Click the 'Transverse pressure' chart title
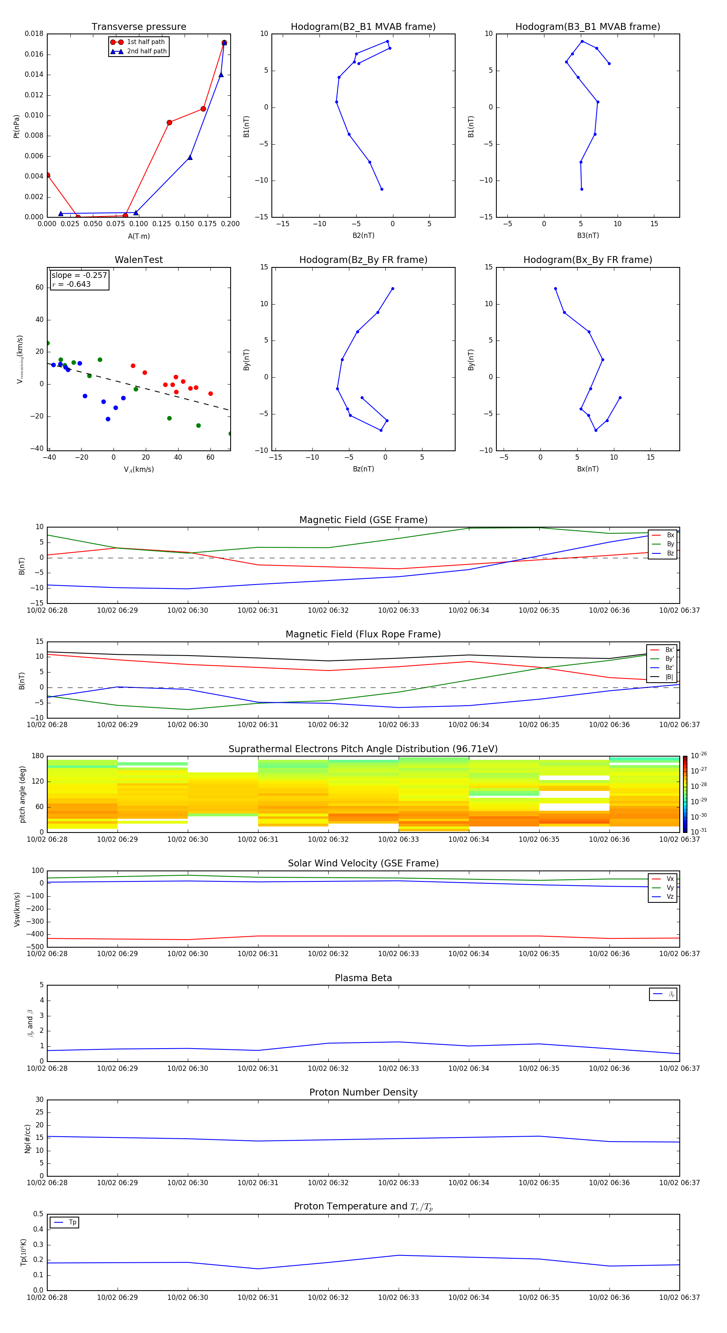tap(139, 27)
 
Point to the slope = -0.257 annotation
tap(79, 275)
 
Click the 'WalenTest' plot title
tap(139, 260)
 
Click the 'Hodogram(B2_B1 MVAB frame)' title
tap(363, 27)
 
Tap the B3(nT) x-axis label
tap(588, 235)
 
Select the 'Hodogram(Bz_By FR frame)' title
tap(363, 260)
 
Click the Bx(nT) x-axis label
tap(588, 469)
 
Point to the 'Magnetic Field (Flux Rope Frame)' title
tap(363, 635)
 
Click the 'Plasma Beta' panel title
tap(363, 978)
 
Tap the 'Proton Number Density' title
tap(363, 1092)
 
